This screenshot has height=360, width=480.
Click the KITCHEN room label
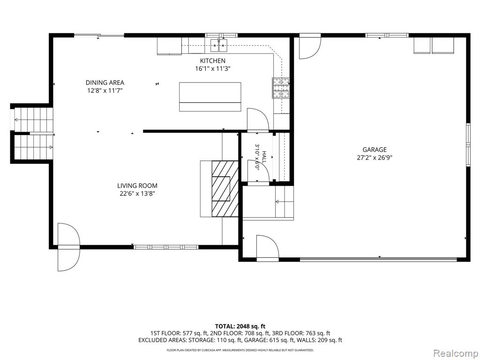click(x=212, y=60)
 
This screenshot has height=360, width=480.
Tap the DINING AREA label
click(x=105, y=82)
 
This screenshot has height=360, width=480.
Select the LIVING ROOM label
click(x=137, y=186)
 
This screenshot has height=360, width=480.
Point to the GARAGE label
click(x=375, y=150)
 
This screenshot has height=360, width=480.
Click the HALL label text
click(x=264, y=157)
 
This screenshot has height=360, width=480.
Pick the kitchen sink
click(x=219, y=46)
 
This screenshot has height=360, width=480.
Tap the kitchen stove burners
click(x=281, y=88)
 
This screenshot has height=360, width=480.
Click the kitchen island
click(x=210, y=97)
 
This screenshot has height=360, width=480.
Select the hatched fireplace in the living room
click(x=225, y=189)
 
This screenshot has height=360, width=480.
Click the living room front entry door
click(x=69, y=247)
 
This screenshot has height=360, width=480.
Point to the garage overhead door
click(x=378, y=259)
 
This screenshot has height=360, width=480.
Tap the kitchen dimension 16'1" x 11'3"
click(x=212, y=68)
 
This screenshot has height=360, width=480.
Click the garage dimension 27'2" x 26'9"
click(x=375, y=157)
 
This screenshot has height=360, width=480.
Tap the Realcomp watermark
click(x=455, y=353)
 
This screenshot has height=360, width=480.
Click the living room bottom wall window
click(x=166, y=247)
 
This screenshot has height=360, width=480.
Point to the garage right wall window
click(x=468, y=144)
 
